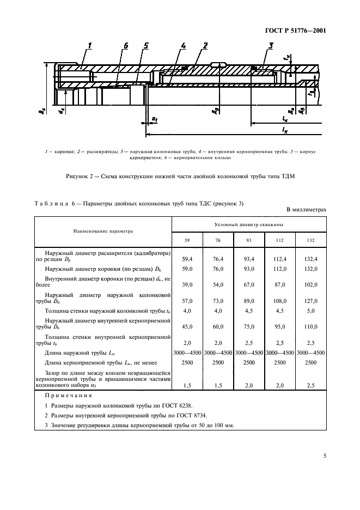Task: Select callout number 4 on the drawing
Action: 184,46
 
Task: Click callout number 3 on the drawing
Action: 271,46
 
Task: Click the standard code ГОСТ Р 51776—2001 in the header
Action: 296,30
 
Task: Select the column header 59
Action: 187,240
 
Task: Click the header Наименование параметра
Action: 103,230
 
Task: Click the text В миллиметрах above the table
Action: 306,210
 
